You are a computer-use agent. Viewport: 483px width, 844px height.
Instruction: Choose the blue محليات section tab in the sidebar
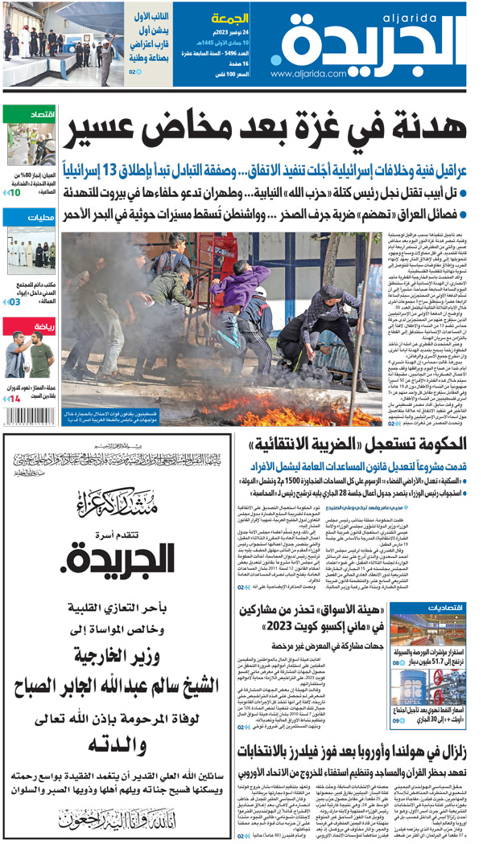29,217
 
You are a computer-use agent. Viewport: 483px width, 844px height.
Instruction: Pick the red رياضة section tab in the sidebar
29,325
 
